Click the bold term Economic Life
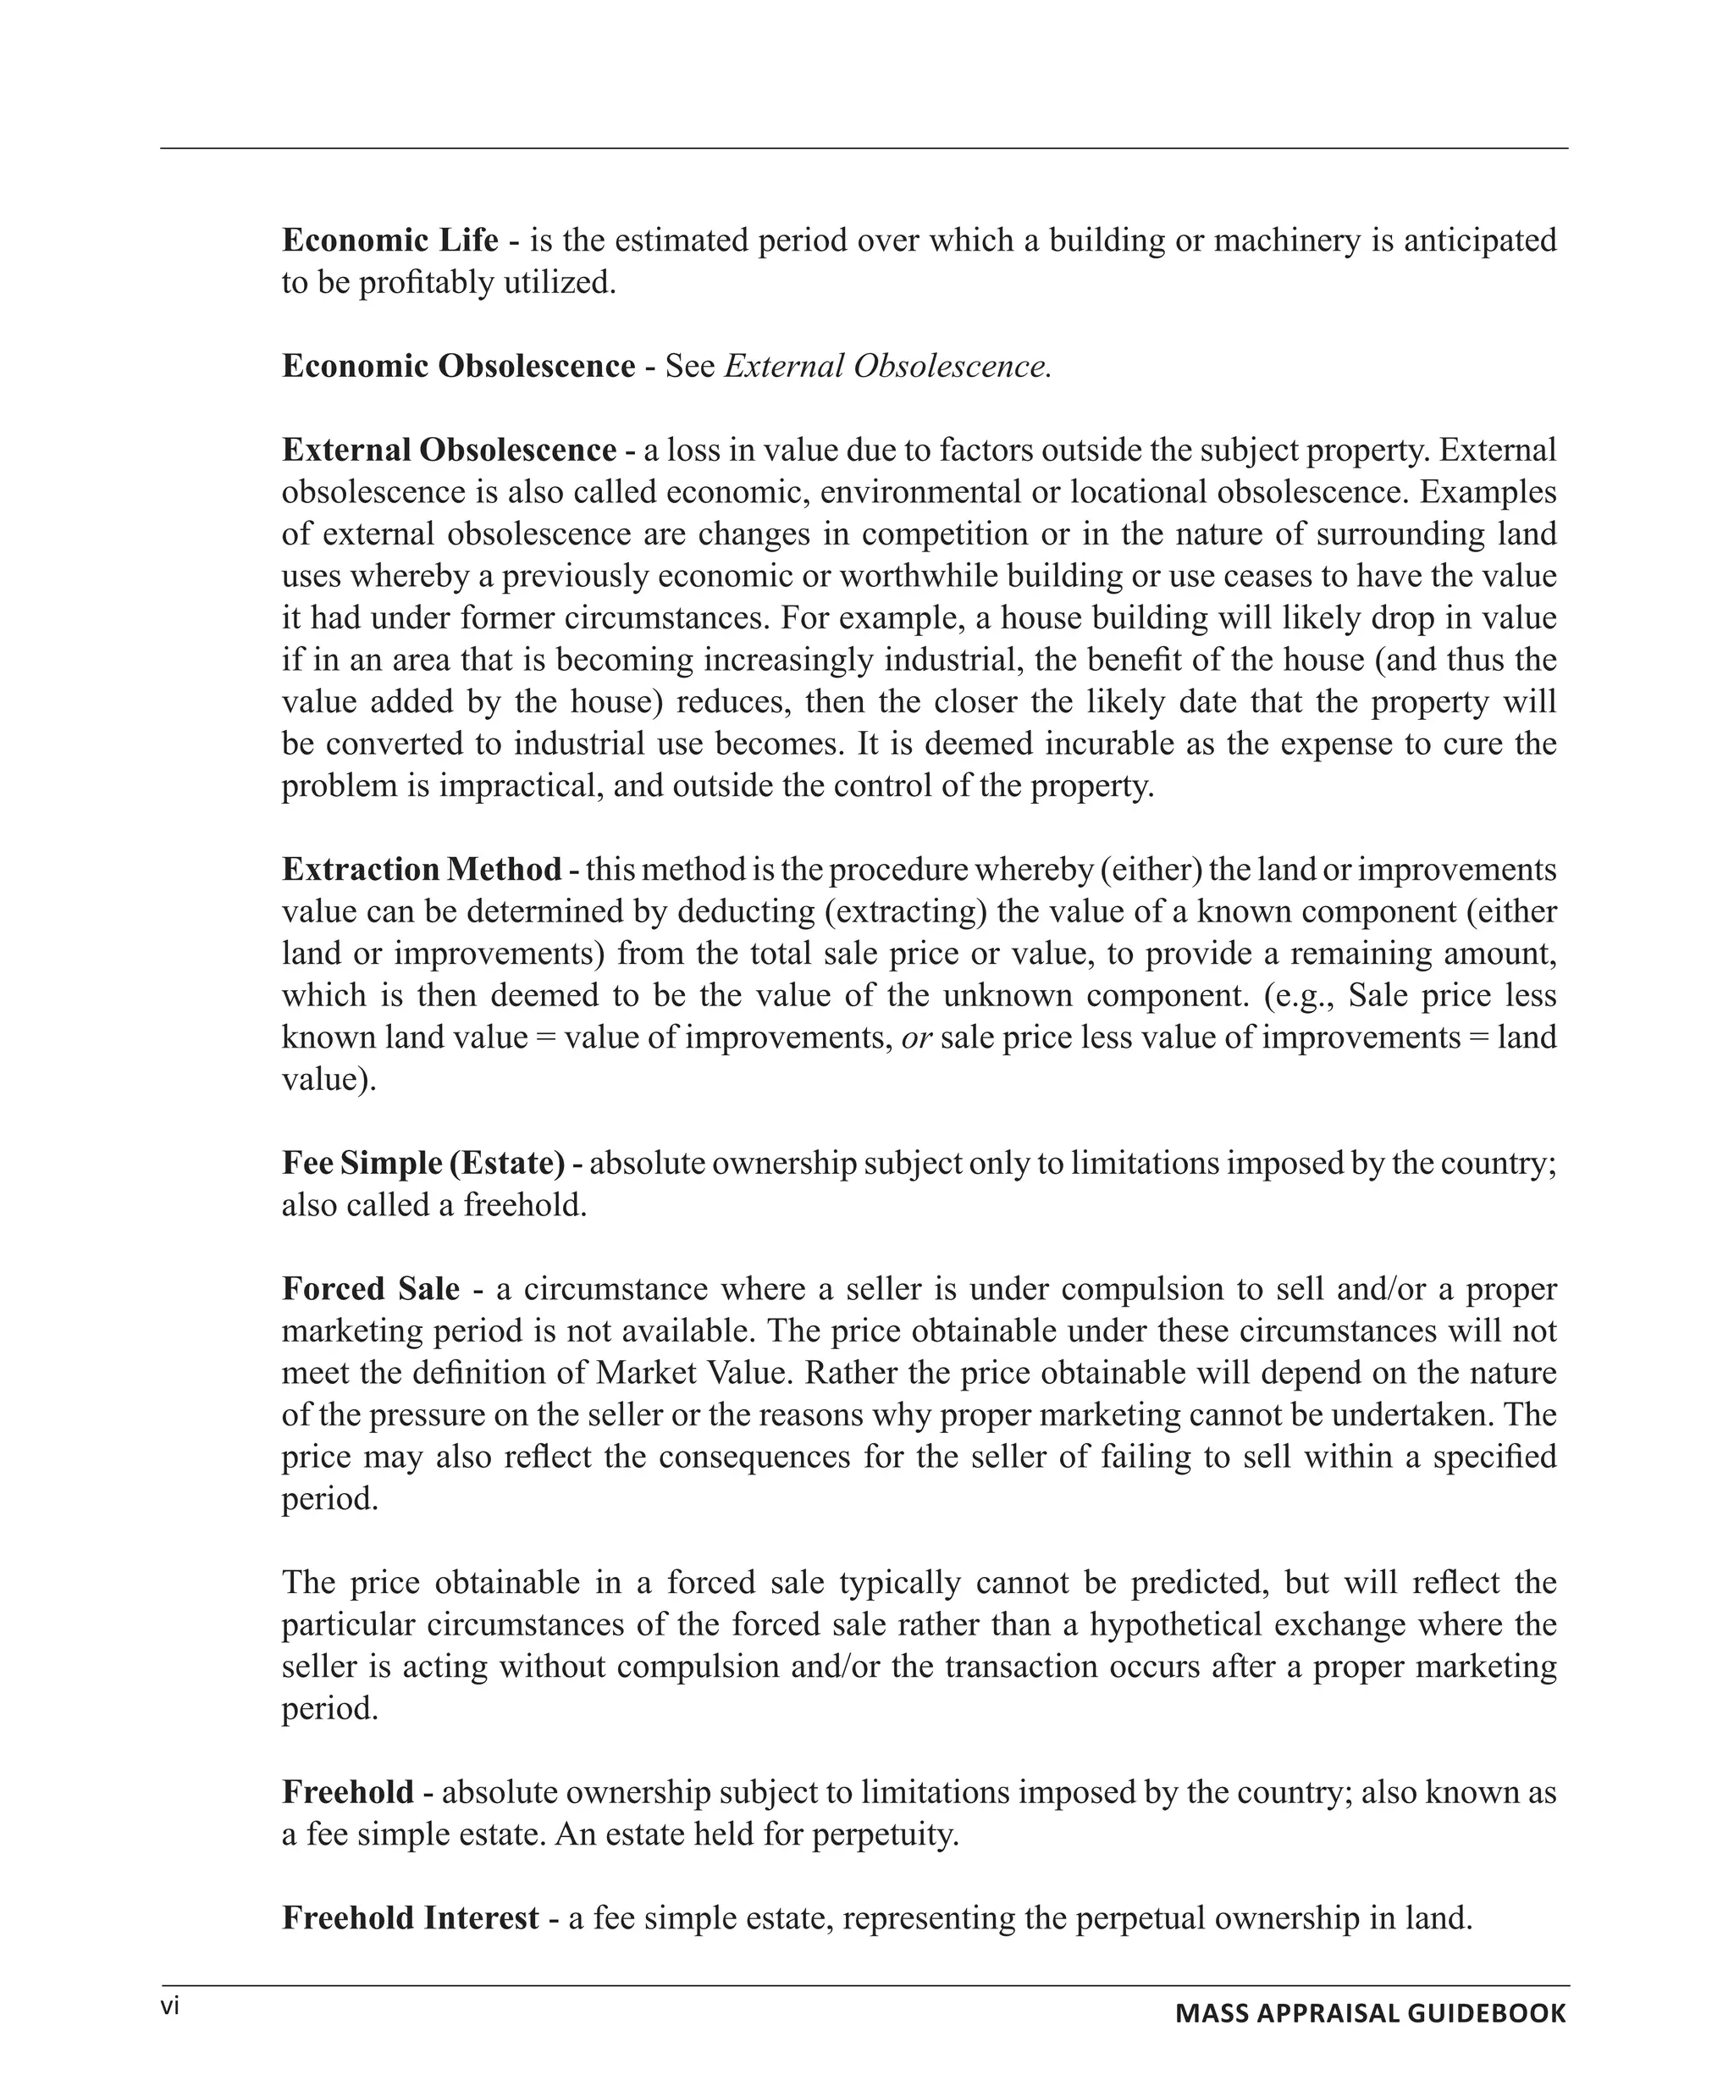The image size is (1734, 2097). (389, 240)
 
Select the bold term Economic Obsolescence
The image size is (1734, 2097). (458, 366)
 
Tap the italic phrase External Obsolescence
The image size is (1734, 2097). (887, 366)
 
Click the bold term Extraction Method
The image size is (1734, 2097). (422, 869)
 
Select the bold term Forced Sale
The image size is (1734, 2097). (370, 1288)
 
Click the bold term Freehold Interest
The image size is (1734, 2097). (411, 1917)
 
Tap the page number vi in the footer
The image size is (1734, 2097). (171, 2006)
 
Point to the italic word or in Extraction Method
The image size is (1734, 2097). (915, 1037)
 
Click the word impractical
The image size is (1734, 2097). (520, 785)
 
